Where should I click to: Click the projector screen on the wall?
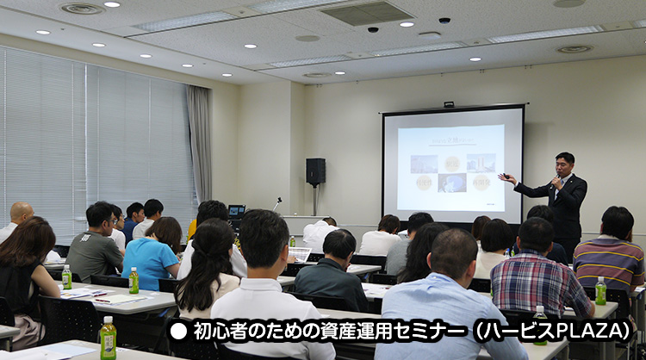[x=452, y=164]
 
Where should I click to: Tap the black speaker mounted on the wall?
[x=316, y=171]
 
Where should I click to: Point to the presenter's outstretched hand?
[x=506, y=178]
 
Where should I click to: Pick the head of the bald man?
[x=21, y=211]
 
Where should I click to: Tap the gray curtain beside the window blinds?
[x=200, y=142]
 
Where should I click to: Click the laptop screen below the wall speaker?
[x=237, y=209]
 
